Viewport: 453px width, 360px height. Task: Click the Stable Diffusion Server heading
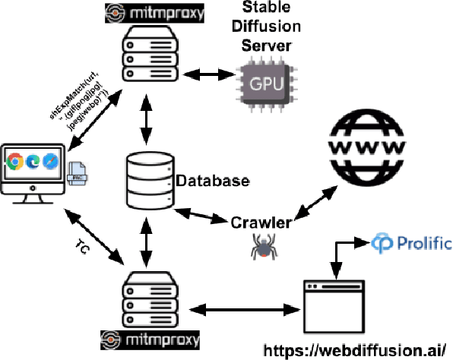click(265, 27)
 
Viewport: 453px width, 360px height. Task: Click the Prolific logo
click(411, 244)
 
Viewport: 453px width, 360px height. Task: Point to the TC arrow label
click(86, 247)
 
